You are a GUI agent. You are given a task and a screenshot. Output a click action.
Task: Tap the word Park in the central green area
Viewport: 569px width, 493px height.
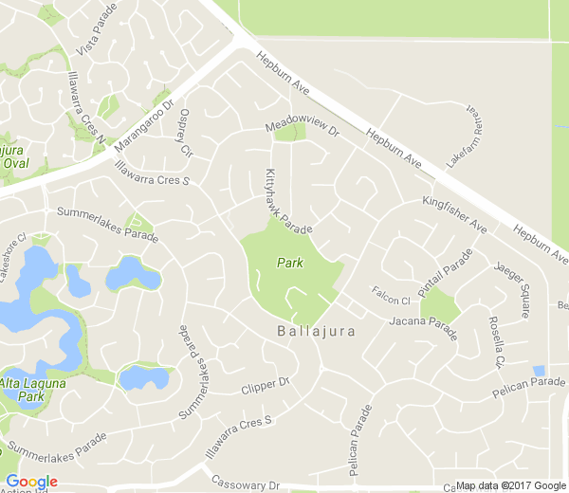(x=289, y=263)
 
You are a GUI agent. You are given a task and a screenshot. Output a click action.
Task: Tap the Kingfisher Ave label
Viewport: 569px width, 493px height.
(x=454, y=215)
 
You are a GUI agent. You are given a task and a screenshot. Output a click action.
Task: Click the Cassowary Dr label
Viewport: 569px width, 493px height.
(x=246, y=483)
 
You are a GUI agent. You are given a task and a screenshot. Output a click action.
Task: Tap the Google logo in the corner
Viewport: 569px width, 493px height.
(x=31, y=482)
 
